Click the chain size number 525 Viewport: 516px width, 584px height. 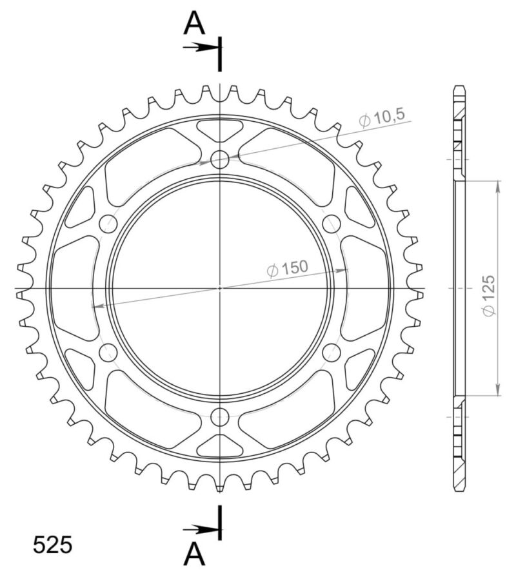[x=53, y=545]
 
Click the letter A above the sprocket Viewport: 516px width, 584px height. [x=194, y=24]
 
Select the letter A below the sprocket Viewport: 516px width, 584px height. [x=194, y=554]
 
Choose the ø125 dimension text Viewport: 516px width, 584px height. [x=488, y=296]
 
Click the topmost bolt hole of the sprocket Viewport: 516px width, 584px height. [x=220, y=159]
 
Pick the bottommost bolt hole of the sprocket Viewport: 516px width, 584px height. [x=220, y=416]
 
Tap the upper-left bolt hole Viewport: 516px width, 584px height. [x=108, y=224]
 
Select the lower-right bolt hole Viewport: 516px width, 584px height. [x=331, y=352]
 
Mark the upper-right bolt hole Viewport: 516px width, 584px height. [x=331, y=224]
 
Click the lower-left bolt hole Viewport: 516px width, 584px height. [x=108, y=352]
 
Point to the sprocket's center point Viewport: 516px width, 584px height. [x=220, y=287]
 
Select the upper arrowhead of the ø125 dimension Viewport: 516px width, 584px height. [x=497, y=187]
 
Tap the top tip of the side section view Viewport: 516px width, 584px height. [x=459, y=87]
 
